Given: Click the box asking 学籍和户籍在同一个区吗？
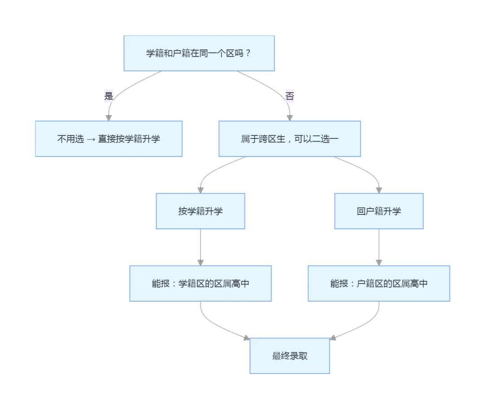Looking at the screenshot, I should pyautogui.click(x=199, y=53).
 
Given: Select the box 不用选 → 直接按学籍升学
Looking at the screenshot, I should pyautogui.click(x=109, y=138).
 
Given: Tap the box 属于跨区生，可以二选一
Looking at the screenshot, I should pyautogui.click(x=290, y=138).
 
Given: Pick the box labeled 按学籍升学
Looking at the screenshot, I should pyautogui.click(x=200, y=211).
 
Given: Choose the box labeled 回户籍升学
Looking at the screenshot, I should pyautogui.click(x=379, y=211).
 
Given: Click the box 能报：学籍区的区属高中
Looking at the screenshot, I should pyautogui.click(x=200, y=283).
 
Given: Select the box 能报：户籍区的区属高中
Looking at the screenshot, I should pyautogui.click(x=379, y=283).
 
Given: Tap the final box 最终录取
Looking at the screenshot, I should pyautogui.click(x=290, y=356).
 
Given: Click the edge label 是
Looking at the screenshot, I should pyautogui.click(x=109, y=96).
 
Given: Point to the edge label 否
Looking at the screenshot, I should pyautogui.click(x=290, y=96).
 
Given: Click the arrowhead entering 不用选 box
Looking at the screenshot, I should pyautogui.click(x=109, y=117).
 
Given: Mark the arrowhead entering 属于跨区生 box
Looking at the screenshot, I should pyautogui.click(x=290, y=118).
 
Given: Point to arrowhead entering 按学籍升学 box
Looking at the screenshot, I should pyautogui.click(x=200, y=190).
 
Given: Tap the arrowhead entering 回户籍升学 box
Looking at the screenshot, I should pyautogui.click(x=379, y=190).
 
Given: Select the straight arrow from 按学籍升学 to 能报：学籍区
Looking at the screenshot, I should pyautogui.click(x=200, y=245).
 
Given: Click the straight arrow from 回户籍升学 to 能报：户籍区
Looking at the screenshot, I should pyautogui.click(x=379, y=245).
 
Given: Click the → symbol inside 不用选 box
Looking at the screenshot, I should pyautogui.click(x=91, y=139).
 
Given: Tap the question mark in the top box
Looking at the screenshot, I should pyautogui.click(x=248, y=53).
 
